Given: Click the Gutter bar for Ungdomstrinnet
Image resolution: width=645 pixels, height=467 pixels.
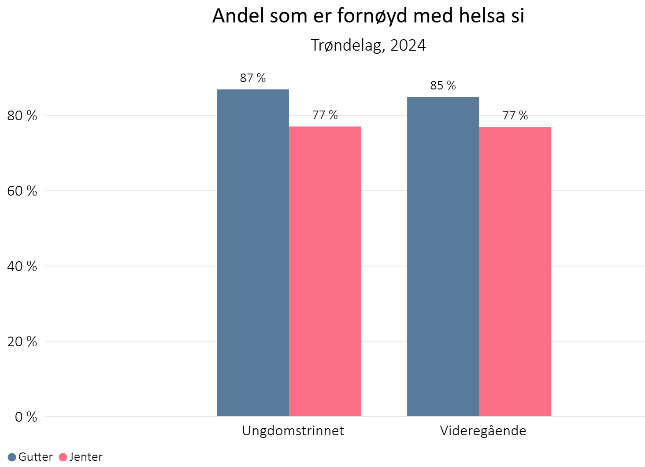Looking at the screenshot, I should pyautogui.click(x=253, y=252).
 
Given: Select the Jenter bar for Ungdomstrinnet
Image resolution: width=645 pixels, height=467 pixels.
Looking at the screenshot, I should pyautogui.click(x=325, y=271).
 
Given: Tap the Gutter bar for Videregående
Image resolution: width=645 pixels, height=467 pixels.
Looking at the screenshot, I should pyautogui.click(x=443, y=256).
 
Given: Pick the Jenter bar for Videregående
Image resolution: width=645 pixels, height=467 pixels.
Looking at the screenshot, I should pyautogui.click(x=515, y=271).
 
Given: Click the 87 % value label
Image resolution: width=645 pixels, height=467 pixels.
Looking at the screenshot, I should pyautogui.click(x=253, y=78).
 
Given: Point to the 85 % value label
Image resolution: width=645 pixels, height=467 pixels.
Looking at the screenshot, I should pyautogui.click(x=443, y=85).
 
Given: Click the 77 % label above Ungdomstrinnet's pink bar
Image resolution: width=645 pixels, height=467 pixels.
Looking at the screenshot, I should pyautogui.click(x=325, y=115).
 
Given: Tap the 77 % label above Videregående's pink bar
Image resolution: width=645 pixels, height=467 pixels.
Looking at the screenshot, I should pyautogui.click(x=515, y=115).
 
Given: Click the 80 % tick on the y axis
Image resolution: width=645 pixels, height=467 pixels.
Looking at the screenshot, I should pyautogui.click(x=22, y=116).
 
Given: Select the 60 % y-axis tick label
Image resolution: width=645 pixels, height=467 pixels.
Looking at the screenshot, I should pyautogui.click(x=22, y=191).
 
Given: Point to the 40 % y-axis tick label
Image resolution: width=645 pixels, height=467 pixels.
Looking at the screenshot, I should pyautogui.click(x=22, y=267).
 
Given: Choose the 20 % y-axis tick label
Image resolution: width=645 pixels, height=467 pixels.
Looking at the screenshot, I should pyautogui.click(x=22, y=342).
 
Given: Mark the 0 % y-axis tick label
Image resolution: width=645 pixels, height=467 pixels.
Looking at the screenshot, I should pyautogui.click(x=26, y=417).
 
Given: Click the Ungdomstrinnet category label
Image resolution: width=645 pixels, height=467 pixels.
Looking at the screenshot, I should pyautogui.click(x=293, y=431).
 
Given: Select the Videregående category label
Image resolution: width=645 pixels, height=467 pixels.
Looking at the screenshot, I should pyautogui.click(x=483, y=431).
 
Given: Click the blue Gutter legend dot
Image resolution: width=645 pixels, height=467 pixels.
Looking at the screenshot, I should pyautogui.click(x=12, y=457).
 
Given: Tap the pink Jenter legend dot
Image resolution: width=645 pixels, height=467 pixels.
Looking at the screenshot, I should pyautogui.click(x=63, y=457).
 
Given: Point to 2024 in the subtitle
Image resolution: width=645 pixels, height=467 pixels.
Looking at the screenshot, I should pyautogui.click(x=408, y=45).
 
